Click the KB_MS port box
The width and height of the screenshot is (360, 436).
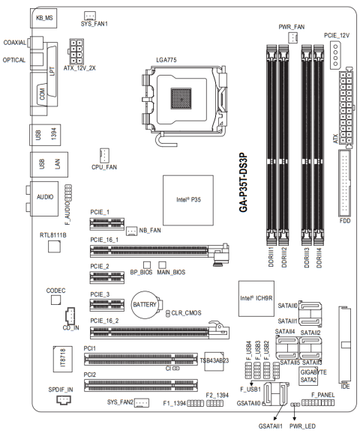point(43,18)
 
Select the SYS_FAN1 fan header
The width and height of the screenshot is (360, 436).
point(90,16)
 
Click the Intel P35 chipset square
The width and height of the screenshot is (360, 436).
point(188,200)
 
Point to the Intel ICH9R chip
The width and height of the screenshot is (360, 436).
point(256,298)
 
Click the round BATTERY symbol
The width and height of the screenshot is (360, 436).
point(145,305)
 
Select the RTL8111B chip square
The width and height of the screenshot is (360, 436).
point(54,246)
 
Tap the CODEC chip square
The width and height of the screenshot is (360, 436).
point(55,300)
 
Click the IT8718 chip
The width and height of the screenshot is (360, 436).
point(63,359)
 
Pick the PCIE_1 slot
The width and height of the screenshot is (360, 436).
point(107,223)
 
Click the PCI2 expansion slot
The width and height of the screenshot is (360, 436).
point(141,385)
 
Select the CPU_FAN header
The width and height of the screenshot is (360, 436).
point(104,155)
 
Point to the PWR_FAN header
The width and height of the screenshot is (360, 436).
point(292,37)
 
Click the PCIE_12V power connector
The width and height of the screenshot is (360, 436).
point(336,55)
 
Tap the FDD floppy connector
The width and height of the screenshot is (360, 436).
point(345,184)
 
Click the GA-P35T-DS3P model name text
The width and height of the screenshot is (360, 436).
point(243,182)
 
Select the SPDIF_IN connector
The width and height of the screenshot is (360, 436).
point(64,399)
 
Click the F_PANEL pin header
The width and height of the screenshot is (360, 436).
point(318,402)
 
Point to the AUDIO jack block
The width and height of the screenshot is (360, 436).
point(44,199)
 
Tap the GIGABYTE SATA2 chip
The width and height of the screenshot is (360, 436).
point(308,376)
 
